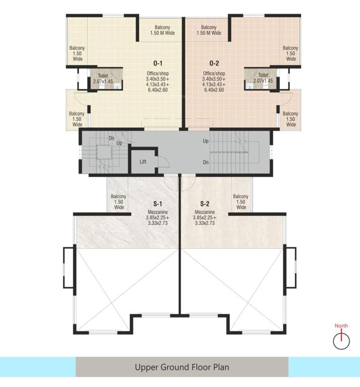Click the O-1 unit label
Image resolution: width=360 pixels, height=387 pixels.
click(x=157, y=63)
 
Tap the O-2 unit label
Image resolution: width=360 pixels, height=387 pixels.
click(x=214, y=63)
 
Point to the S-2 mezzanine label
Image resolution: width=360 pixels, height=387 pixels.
click(x=204, y=204)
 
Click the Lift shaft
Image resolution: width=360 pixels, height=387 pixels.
click(x=143, y=162)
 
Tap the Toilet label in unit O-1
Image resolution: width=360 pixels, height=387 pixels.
click(x=103, y=76)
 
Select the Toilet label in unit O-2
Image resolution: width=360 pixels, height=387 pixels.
click(x=263, y=75)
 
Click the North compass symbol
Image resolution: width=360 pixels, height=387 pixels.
click(x=341, y=340)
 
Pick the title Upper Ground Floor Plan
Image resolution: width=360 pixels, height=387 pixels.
click(x=182, y=367)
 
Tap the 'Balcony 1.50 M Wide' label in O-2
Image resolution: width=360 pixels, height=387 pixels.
click(x=208, y=30)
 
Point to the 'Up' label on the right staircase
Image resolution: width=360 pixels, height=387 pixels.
click(x=205, y=142)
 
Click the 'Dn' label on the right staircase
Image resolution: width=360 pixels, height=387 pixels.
click(x=205, y=162)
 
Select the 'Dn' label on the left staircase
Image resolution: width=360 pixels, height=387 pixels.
click(x=111, y=138)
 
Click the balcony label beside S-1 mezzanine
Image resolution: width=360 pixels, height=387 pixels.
click(x=119, y=202)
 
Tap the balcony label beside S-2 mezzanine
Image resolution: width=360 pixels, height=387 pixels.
click(x=241, y=202)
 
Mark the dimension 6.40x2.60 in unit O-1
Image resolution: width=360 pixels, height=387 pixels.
click(x=157, y=90)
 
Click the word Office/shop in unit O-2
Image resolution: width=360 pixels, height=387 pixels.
click(x=214, y=74)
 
